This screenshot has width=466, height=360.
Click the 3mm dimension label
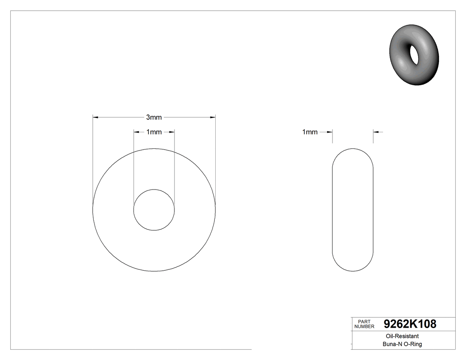tap(154, 118)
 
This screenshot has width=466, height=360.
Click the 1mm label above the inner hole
tap(154, 132)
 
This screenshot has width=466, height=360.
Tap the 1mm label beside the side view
tap(310, 132)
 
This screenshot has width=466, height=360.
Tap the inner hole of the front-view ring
tap(154, 210)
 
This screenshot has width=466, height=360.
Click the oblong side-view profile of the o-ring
tap(353, 210)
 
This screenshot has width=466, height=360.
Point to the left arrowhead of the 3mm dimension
tap(95, 117)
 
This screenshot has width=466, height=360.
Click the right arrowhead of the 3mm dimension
tap(213, 117)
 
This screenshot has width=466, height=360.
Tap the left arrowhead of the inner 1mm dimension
tap(136, 131)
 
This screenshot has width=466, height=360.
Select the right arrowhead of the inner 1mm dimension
tap(172, 131)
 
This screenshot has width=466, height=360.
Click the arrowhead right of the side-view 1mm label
tap(330, 131)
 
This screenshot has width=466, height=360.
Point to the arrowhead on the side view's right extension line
tap(375, 131)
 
